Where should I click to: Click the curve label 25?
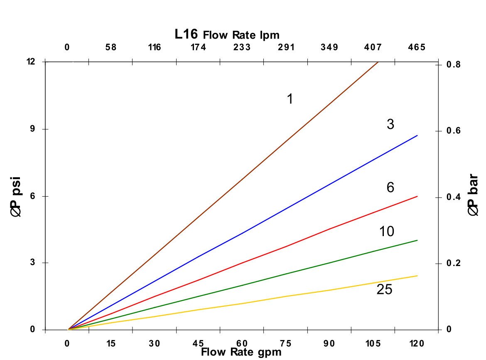click(384, 290)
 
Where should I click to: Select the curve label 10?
click(387, 232)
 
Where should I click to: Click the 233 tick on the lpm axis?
click(242, 47)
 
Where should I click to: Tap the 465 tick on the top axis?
click(417, 47)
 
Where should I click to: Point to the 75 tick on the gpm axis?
click(286, 343)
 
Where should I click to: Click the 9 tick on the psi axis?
click(32, 129)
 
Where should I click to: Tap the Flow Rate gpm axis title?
click(241, 353)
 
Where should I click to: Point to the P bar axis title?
click(474, 195)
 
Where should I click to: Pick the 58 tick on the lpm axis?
click(111, 47)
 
